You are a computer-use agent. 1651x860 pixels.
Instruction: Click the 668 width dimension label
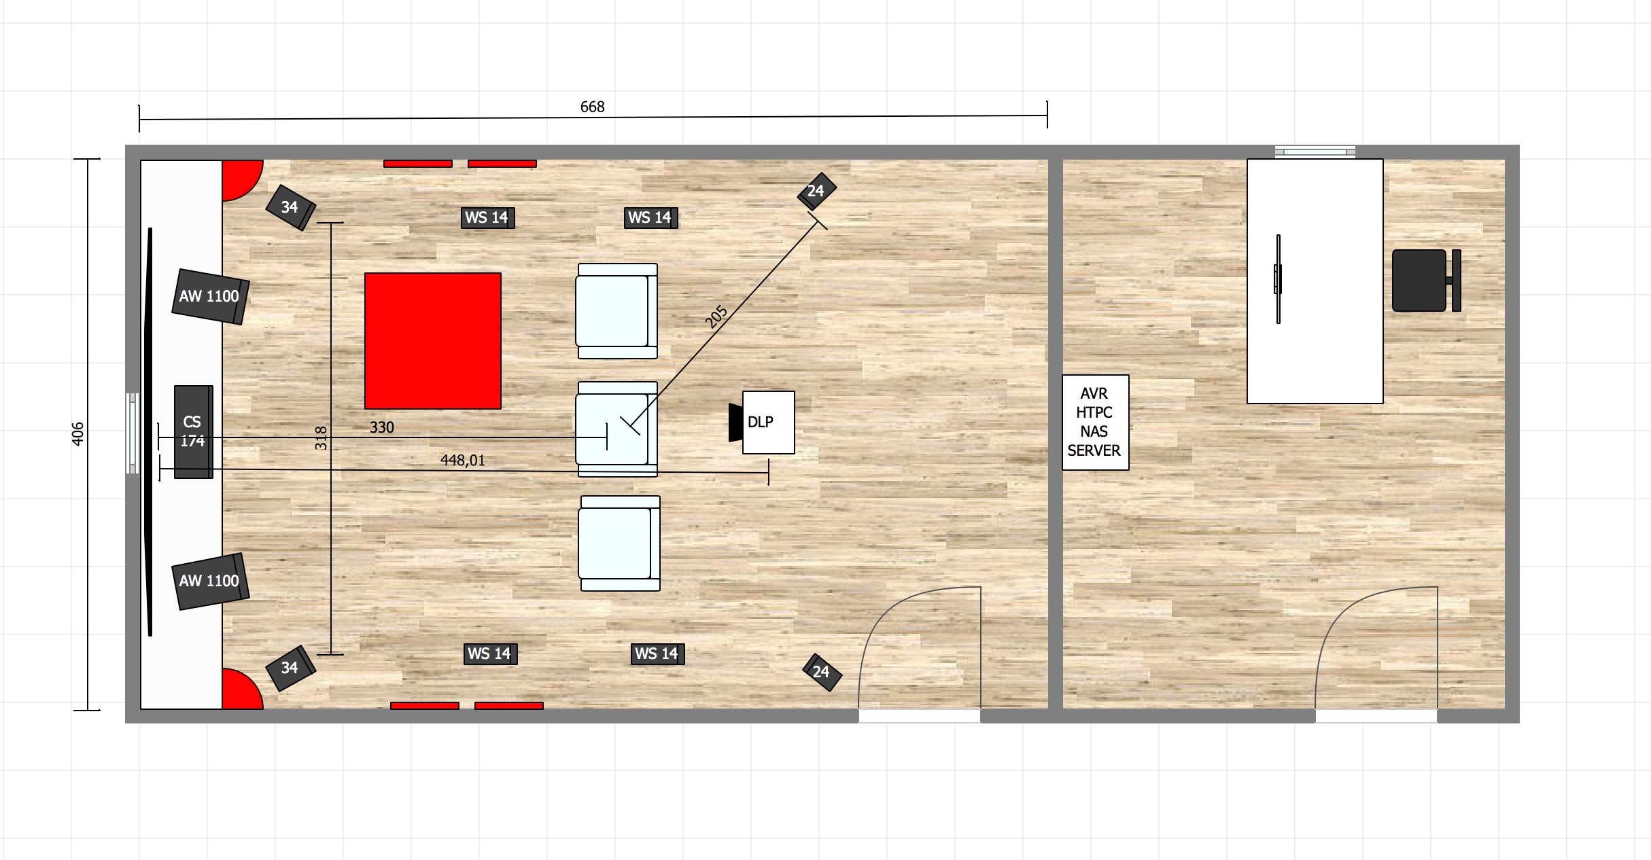[x=592, y=107]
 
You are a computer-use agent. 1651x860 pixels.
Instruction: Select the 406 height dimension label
[x=77, y=434]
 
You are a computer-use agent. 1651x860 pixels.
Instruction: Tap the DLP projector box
[x=768, y=423]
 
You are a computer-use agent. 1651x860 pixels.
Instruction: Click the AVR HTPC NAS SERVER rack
[x=1095, y=422]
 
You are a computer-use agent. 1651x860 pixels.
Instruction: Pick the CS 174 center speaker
[x=194, y=432]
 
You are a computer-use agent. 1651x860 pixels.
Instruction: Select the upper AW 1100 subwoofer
[x=210, y=297]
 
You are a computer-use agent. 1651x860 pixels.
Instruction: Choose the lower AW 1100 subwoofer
[x=210, y=581]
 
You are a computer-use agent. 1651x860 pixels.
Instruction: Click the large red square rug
[x=433, y=341]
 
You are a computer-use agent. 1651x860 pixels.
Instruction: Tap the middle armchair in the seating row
[x=617, y=429]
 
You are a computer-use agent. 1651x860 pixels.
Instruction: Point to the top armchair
[x=617, y=311]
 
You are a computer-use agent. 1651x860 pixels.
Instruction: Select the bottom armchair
[x=619, y=543]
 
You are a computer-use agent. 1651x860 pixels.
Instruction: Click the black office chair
[x=1426, y=281]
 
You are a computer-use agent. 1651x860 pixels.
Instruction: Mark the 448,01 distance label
[x=463, y=461]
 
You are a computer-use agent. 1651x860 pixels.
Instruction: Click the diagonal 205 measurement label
[x=716, y=317]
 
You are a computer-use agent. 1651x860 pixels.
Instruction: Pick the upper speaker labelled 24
[x=816, y=191]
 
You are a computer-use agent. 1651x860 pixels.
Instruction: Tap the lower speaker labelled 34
[x=291, y=668]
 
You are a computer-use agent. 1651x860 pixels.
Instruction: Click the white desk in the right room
[x=1315, y=281]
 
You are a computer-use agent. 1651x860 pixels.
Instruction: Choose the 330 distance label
[x=382, y=427]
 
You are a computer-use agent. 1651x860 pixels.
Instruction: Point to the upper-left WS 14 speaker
[x=487, y=217]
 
